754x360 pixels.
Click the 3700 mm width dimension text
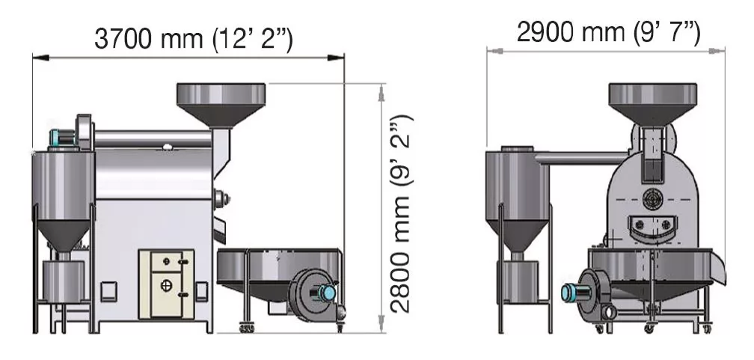[x=193, y=38]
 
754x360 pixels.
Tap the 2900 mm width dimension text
[x=608, y=33]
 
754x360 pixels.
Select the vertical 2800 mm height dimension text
[x=401, y=214]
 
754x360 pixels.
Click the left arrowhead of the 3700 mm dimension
[x=41, y=58]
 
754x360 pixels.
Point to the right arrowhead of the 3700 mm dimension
[x=336, y=58]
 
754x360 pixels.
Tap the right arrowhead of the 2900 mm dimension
[x=717, y=50]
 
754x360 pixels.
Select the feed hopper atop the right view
[x=652, y=103]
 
